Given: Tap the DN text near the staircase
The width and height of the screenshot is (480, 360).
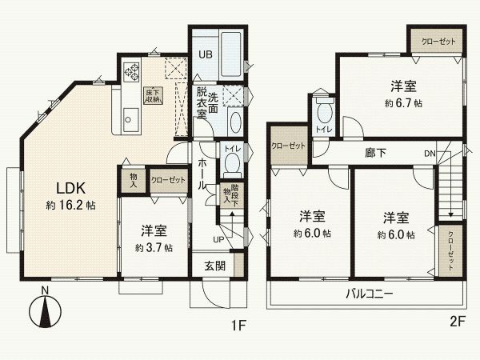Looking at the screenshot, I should [x=430, y=154].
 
